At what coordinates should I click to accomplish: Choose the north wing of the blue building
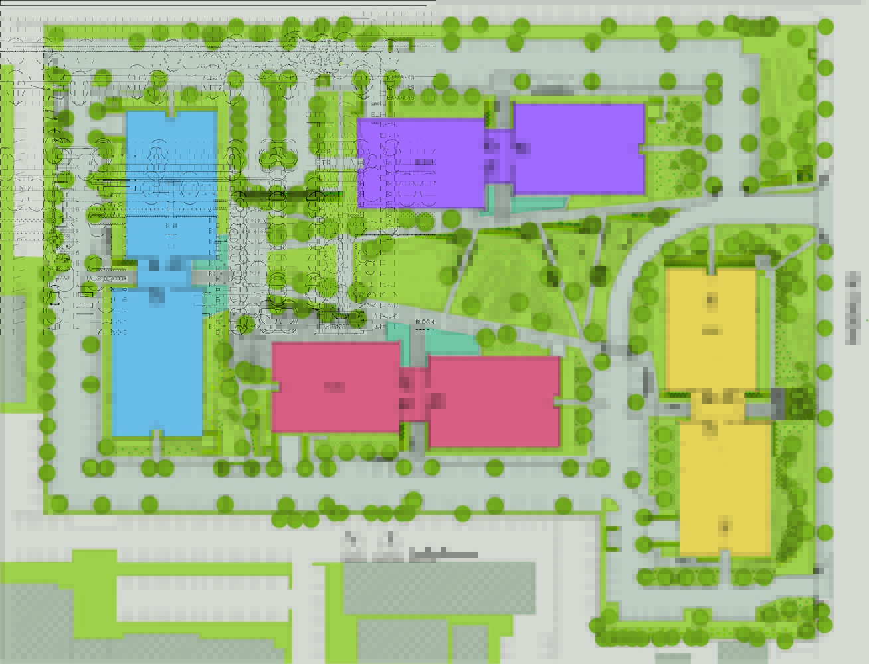171,183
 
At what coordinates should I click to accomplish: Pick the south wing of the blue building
157,362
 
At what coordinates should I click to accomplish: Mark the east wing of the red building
493,402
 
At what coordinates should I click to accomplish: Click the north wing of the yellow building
711,329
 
